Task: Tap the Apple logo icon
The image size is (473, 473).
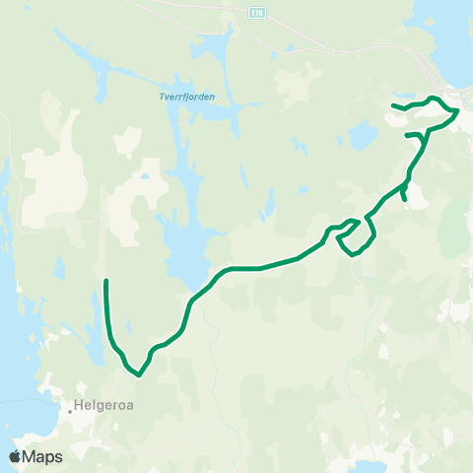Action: pos(15,457)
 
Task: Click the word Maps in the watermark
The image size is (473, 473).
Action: pos(42,457)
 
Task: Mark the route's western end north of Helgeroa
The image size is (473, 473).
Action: pos(105,282)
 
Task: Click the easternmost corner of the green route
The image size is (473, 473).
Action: pos(458,110)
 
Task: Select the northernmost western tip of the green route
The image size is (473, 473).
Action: pos(393,104)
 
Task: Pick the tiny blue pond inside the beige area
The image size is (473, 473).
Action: pos(145,177)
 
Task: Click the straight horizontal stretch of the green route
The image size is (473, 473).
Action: pos(246,268)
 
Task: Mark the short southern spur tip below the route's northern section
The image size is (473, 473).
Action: pos(406,199)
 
